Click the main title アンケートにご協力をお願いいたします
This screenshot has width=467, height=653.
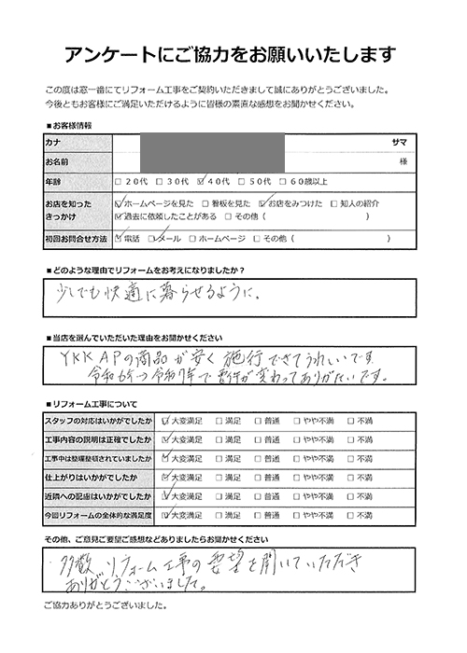(233, 52)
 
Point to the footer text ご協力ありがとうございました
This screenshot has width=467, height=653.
(102, 633)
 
